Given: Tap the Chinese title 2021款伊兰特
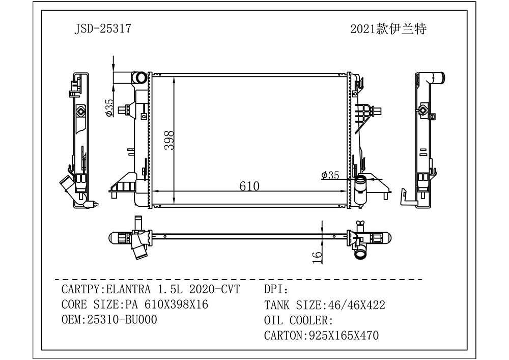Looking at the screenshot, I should pyautogui.click(x=388, y=29).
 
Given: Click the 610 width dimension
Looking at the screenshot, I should pyautogui.click(x=249, y=186).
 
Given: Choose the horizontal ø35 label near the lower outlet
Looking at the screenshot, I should pyautogui.click(x=330, y=175).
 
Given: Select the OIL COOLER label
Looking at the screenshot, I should pyautogui.click(x=298, y=320).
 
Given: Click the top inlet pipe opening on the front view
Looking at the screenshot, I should pyautogui.click(x=138, y=78).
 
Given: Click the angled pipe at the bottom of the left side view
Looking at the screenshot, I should pyautogui.click(x=66, y=184).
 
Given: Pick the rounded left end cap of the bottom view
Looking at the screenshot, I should pyautogui.click(x=115, y=237).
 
